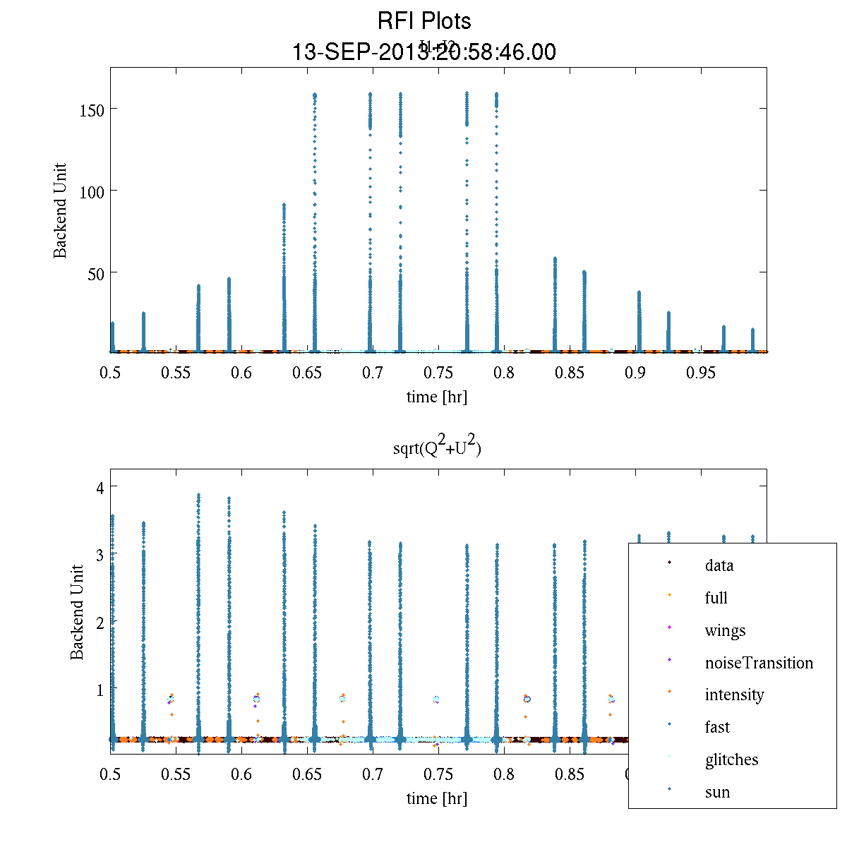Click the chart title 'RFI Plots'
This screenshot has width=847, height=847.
424,21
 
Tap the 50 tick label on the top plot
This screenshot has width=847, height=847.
97,273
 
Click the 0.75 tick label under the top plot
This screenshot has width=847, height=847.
438,373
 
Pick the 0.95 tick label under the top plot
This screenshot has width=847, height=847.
701,373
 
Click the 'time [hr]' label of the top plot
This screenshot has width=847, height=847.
437,397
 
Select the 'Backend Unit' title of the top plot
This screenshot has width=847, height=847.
61,210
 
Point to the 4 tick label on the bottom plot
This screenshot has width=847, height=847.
101,487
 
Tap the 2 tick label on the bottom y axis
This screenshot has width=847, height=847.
101,622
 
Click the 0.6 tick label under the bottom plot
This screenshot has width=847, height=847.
241,774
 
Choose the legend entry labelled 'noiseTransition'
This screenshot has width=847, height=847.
759,663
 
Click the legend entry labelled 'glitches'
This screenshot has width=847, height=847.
731,759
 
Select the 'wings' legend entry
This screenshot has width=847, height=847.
725,630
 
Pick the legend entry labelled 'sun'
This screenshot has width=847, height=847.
717,792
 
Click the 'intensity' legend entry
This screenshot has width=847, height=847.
734,695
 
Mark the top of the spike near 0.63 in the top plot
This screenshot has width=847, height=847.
284,205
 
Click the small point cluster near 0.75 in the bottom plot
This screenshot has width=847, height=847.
437,699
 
